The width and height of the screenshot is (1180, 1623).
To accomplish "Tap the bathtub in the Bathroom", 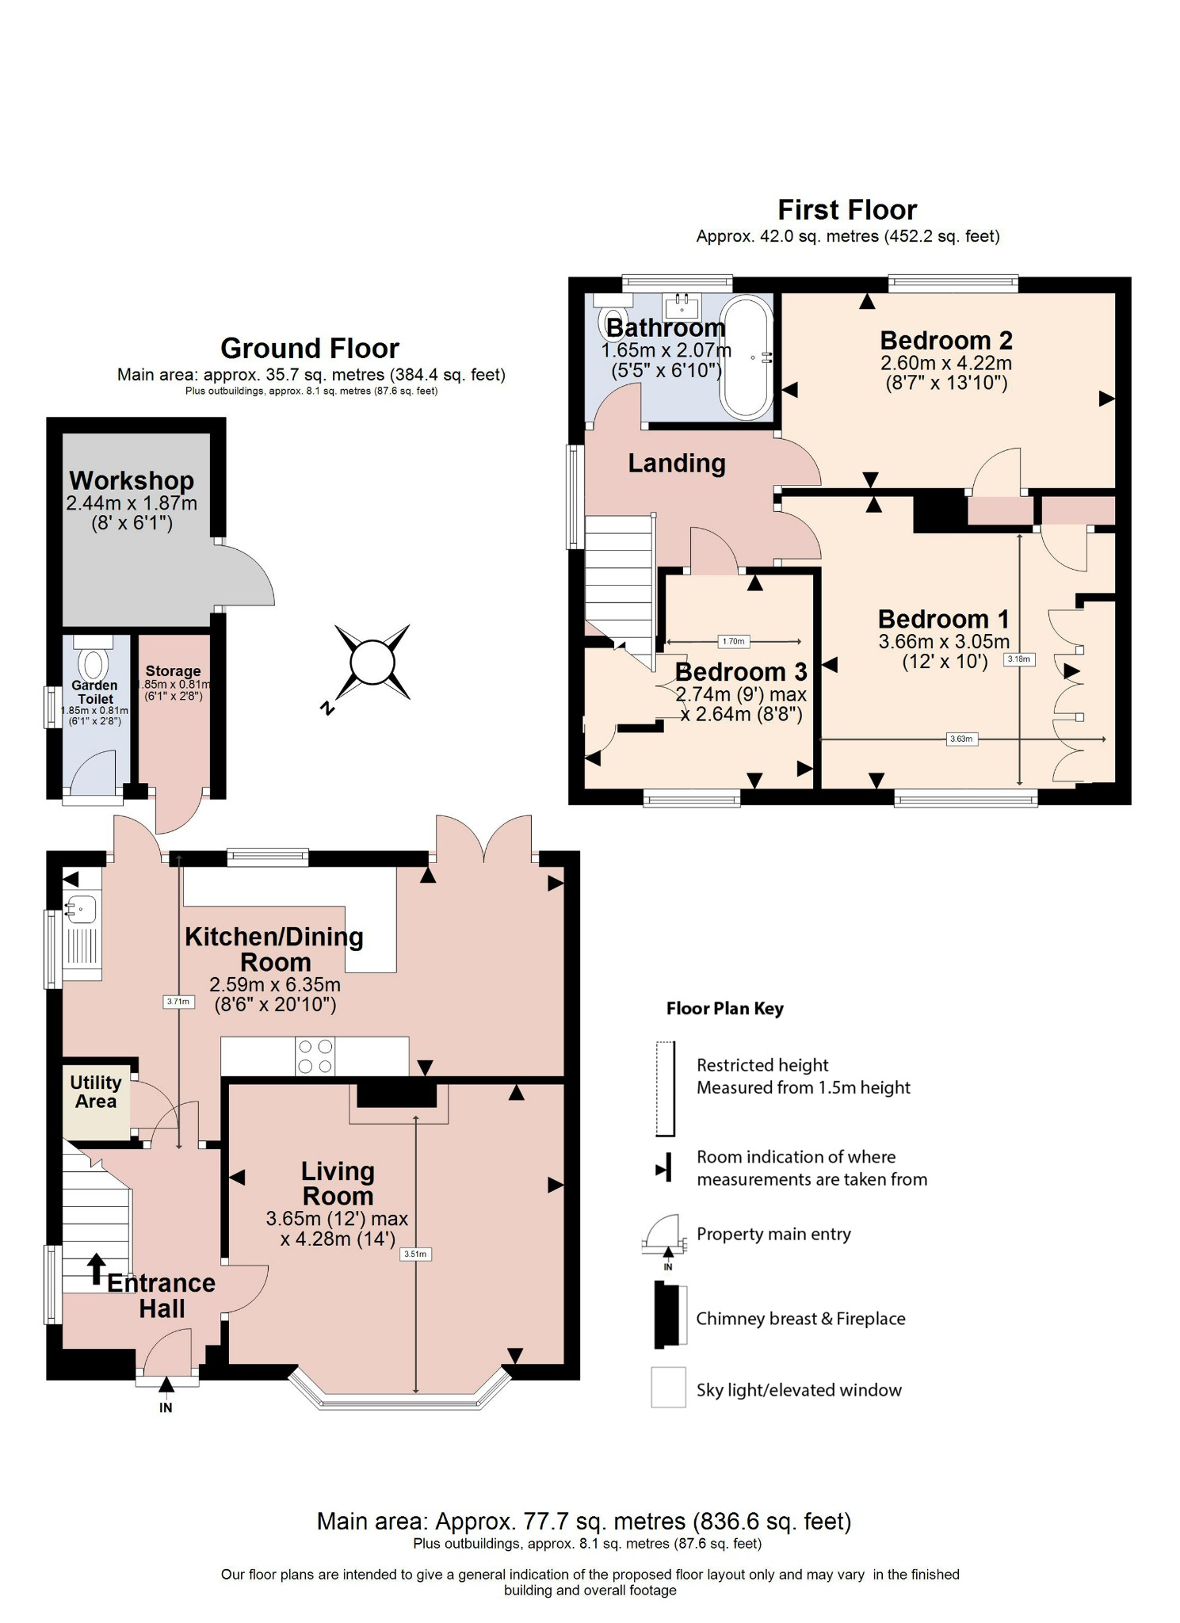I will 746,357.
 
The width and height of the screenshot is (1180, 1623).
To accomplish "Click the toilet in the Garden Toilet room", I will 93,664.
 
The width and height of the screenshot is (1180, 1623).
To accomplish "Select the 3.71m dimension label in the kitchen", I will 178,1002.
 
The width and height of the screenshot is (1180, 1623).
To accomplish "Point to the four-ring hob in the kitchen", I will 315,1056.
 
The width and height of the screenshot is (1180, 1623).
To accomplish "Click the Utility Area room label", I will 96,1091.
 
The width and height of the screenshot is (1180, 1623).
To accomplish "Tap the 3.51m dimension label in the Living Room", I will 415,1254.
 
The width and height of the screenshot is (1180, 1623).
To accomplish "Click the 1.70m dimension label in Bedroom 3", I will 733,641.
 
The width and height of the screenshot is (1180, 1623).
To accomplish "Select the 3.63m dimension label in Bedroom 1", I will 960,739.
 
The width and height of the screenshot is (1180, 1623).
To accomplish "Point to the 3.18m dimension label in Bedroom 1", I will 1019,659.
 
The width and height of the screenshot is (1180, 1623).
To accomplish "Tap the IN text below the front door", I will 166,1407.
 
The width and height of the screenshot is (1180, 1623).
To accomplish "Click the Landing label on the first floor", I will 677,464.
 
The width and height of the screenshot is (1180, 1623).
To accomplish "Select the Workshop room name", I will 132,481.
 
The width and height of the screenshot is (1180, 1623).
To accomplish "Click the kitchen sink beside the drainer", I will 80,908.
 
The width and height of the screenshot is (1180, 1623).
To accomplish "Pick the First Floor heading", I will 847,210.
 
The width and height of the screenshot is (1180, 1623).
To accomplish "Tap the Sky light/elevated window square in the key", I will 668,1387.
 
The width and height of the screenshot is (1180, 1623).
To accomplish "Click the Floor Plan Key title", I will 724,1009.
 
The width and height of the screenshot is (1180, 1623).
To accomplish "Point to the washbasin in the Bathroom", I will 682,304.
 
